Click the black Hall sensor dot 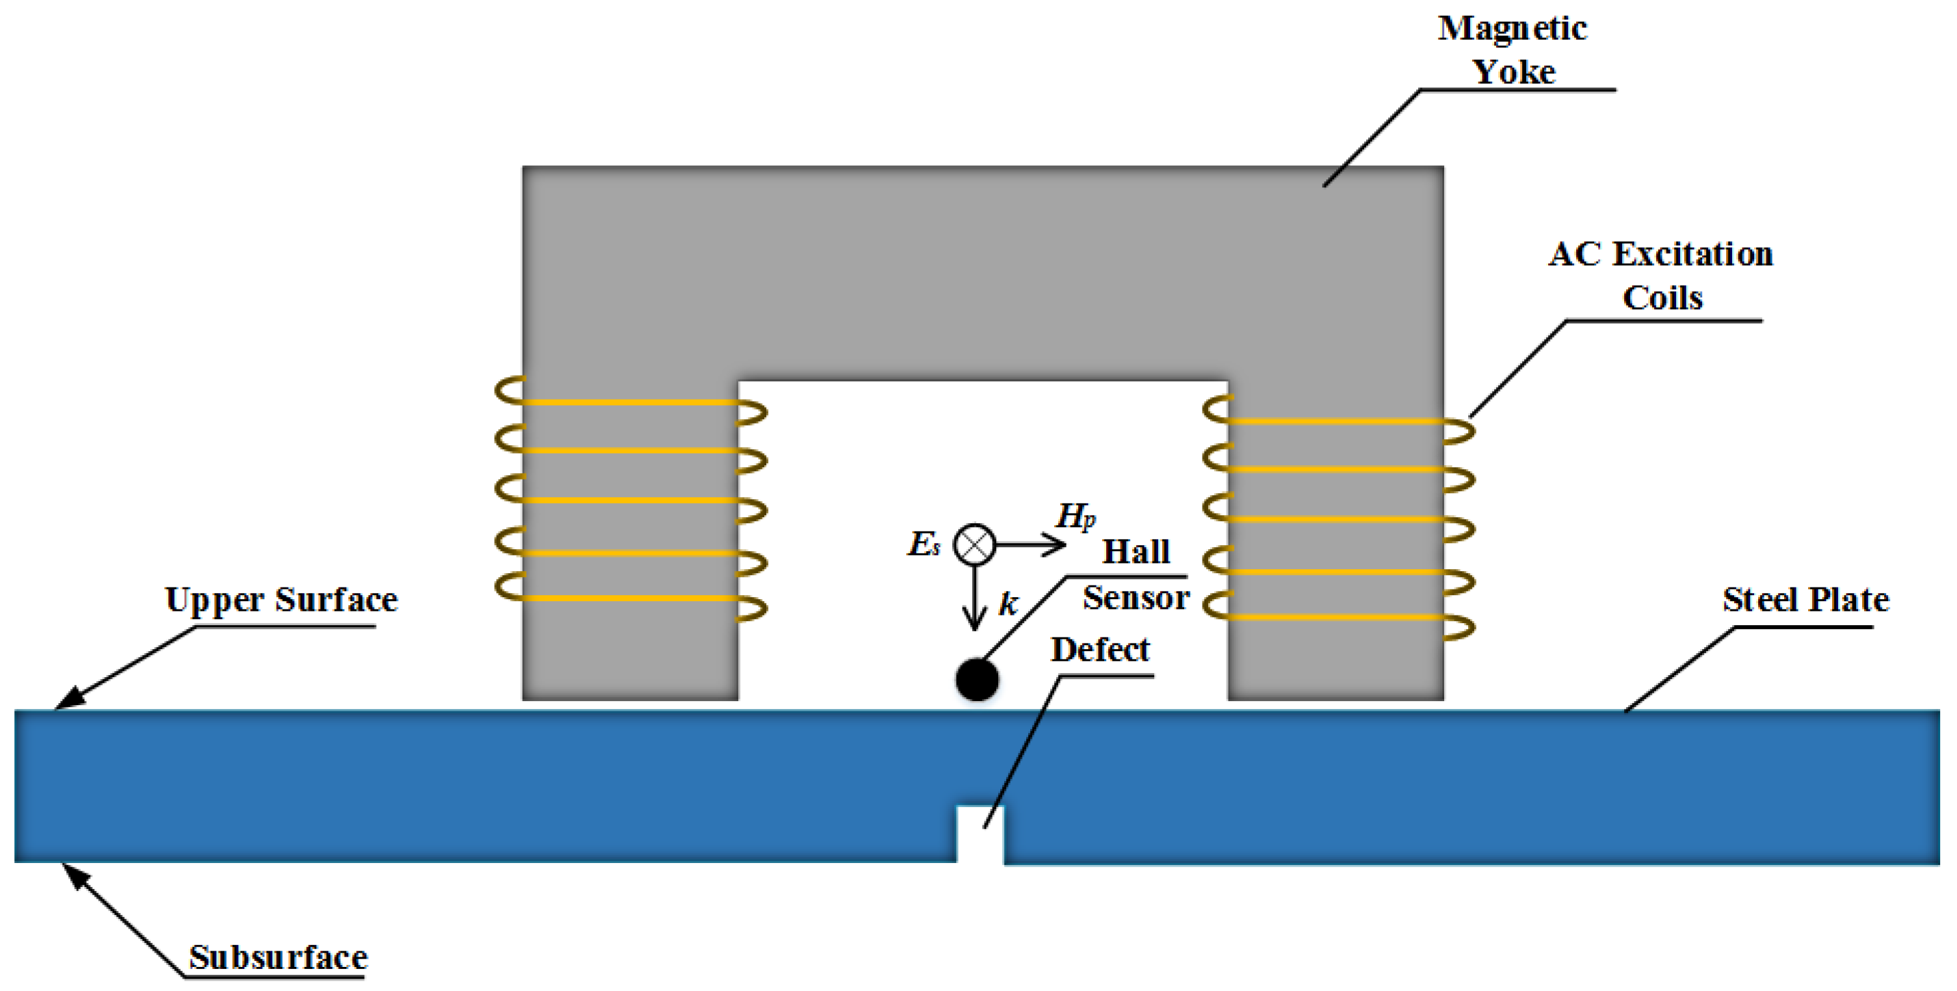point(976,679)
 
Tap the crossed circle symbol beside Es point(974,545)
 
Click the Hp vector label point(1075,517)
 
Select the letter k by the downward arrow point(1007,604)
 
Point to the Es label point(923,544)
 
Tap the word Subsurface point(278,957)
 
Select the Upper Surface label point(281,600)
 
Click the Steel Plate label point(1805,600)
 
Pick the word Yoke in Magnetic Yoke point(1513,72)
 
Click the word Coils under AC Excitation point(1662,298)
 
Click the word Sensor point(1135,598)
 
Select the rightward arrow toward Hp point(1033,545)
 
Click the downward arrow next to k point(975,600)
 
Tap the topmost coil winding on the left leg point(630,402)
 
